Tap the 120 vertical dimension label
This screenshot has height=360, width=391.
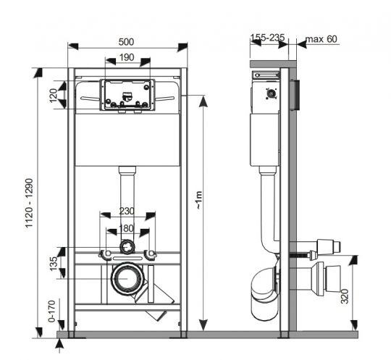(x=53, y=95)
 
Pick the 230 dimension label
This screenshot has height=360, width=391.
(x=127, y=211)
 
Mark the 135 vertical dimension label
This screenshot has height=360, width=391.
(x=53, y=264)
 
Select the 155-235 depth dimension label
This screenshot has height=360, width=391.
(x=269, y=38)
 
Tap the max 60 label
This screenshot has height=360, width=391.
(x=321, y=38)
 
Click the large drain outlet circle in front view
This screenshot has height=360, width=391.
(x=127, y=279)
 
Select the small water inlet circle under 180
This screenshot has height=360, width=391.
(x=127, y=247)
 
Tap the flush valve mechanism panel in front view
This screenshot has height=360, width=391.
(x=127, y=94)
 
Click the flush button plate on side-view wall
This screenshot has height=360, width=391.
(x=295, y=95)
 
